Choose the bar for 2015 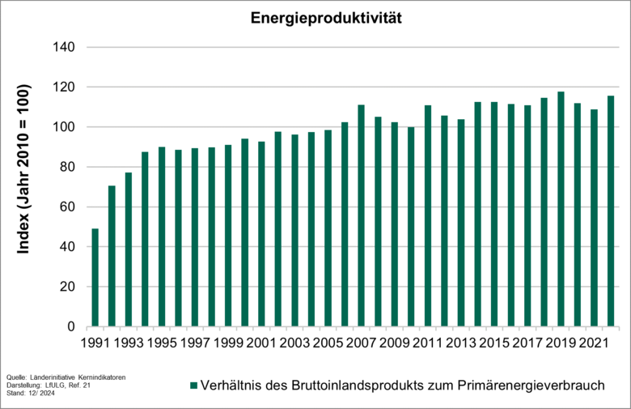pyautogui.click(x=494, y=215)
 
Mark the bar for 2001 pyautogui.click(x=261, y=234)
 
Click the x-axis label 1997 pyautogui.click(x=194, y=343)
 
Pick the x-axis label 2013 pyautogui.click(x=460, y=343)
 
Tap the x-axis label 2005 pyautogui.click(x=328, y=343)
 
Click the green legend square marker pyautogui.click(x=193, y=386)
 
